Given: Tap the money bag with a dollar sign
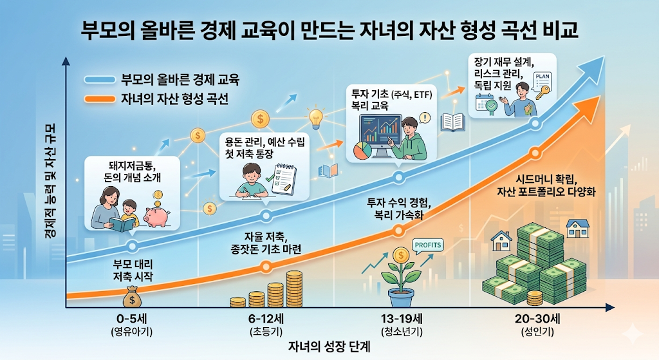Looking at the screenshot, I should tap(132, 298).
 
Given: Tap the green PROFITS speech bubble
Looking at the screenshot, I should tap(428, 245).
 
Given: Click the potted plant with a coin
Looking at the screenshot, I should tap(400, 277).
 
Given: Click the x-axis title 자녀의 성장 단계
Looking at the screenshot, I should tap(328, 346).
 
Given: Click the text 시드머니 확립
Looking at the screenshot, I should tap(546, 178).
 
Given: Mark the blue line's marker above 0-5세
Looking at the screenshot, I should tap(132, 246).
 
